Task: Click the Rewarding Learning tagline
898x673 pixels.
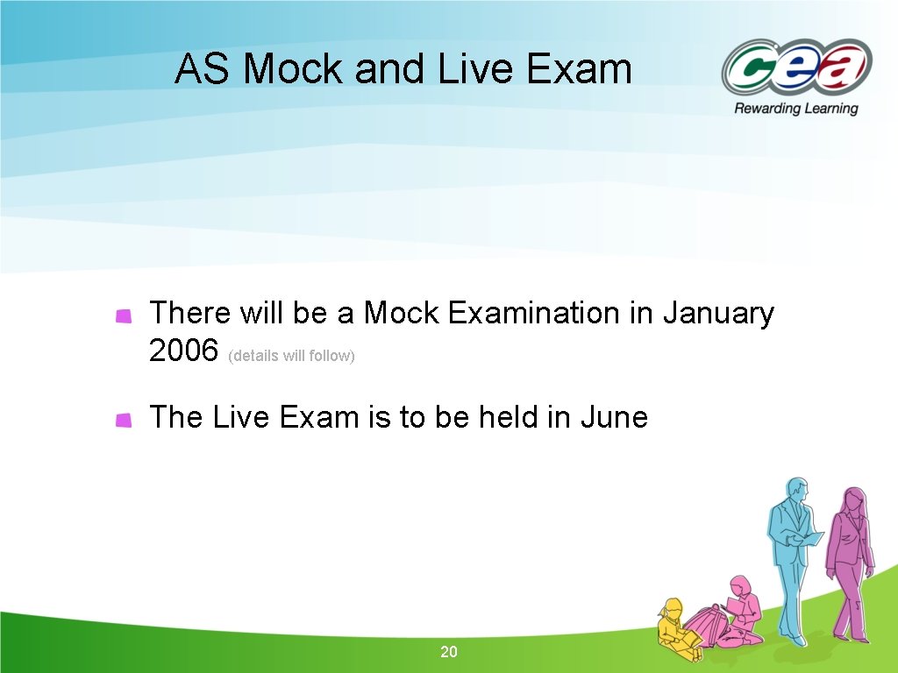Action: click(x=796, y=109)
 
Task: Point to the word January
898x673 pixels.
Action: click(x=718, y=313)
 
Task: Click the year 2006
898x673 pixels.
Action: click(x=183, y=351)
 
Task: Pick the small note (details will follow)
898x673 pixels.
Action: click(x=291, y=357)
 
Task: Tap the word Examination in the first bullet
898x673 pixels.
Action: click(x=533, y=313)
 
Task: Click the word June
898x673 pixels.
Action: click(x=614, y=417)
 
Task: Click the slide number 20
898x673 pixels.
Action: click(x=449, y=652)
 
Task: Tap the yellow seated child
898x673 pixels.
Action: click(x=675, y=624)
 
